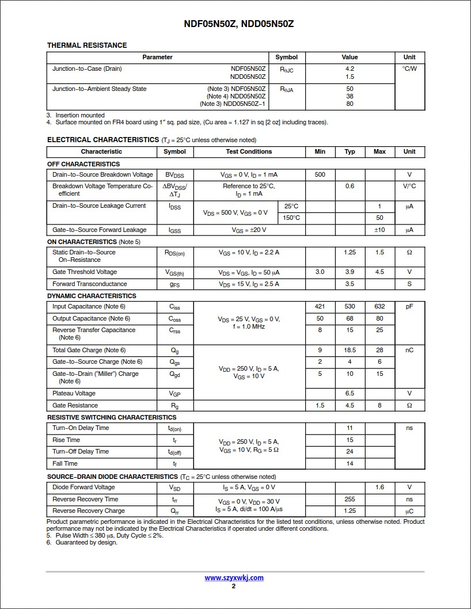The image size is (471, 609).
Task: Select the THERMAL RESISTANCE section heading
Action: coord(87,45)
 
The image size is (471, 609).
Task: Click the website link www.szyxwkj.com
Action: coord(234,578)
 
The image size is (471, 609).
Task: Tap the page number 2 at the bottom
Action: coord(234,587)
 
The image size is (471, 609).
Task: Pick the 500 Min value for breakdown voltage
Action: coord(320,175)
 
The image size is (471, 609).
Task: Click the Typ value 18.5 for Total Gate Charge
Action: coord(350,351)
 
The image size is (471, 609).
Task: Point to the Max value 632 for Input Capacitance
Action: coord(379,307)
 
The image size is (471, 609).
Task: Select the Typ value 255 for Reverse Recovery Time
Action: coord(350,500)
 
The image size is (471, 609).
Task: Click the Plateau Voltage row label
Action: coord(74,394)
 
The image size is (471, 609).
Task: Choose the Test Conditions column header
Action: coord(249,152)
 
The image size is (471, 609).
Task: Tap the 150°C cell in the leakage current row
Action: coord(291,218)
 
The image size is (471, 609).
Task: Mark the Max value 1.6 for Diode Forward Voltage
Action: coord(379,488)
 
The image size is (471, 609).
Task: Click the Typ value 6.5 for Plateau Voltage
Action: coord(350,394)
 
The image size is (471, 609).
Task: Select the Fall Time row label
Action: coord(65,464)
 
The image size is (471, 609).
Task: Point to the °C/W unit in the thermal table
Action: coord(409,69)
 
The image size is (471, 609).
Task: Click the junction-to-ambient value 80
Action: coord(350,104)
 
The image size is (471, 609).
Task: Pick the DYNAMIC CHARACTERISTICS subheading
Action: coord(92,296)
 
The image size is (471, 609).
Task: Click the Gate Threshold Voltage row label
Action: coord(85,272)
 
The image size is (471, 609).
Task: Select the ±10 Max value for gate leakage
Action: coord(379,230)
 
